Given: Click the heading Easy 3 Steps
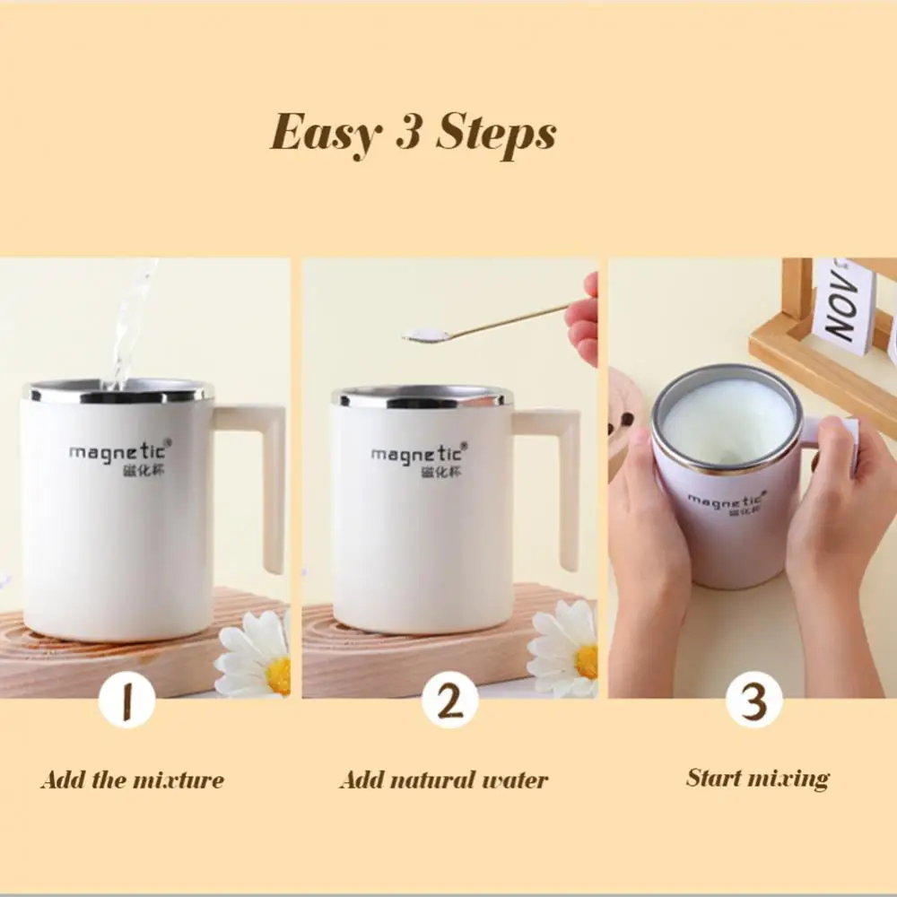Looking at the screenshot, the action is pos(413,135).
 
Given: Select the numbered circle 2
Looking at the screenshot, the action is pos(449,701).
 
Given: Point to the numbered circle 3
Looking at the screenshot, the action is pos(754,701).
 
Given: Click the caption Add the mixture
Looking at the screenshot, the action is pos(133,780).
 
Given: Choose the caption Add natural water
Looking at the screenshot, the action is pos(444,780).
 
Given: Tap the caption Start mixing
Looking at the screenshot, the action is pos(758,779).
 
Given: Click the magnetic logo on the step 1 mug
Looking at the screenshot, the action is pos(120,457).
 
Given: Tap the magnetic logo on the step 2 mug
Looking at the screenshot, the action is pos(419,460).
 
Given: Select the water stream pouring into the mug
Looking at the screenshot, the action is pos(133,323).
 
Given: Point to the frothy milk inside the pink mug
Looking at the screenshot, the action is pos(727,421).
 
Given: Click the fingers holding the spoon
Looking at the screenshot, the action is pos(584,320).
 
